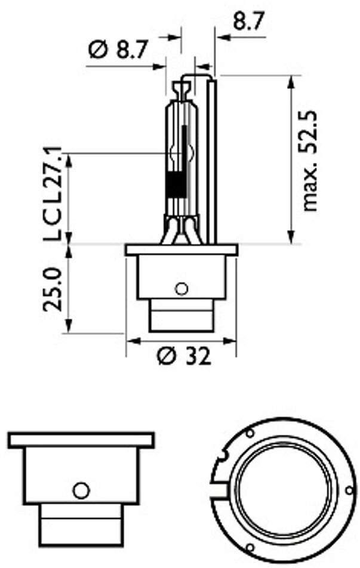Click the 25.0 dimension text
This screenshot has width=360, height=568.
click(x=53, y=289)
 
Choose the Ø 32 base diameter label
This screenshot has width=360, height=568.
click(x=184, y=357)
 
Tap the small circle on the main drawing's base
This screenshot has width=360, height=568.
click(x=181, y=289)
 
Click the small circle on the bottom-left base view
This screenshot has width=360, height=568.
click(x=80, y=490)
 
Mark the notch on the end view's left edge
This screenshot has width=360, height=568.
click(x=222, y=457)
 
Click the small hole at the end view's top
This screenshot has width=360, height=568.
click(x=250, y=432)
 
